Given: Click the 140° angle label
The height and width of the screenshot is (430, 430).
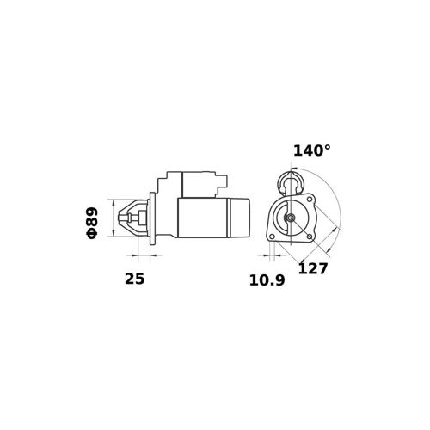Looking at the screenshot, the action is tap(311, 150).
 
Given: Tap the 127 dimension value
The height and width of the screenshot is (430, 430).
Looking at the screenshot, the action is tap(313, 268).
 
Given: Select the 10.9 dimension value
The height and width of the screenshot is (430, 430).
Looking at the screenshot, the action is tap(267, 280).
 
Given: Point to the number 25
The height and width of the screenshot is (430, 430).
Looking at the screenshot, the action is tap(135, 279).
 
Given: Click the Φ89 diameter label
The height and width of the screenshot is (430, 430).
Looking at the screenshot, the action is tap(92, 223).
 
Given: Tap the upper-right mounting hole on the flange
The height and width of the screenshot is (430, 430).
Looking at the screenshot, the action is tap(310, 199).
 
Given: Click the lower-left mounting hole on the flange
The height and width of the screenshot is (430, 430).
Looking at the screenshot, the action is tap(272, 236).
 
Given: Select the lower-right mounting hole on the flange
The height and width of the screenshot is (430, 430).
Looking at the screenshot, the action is tap(310, 236).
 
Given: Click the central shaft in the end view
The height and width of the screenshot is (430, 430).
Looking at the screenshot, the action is tap(291, 218).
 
